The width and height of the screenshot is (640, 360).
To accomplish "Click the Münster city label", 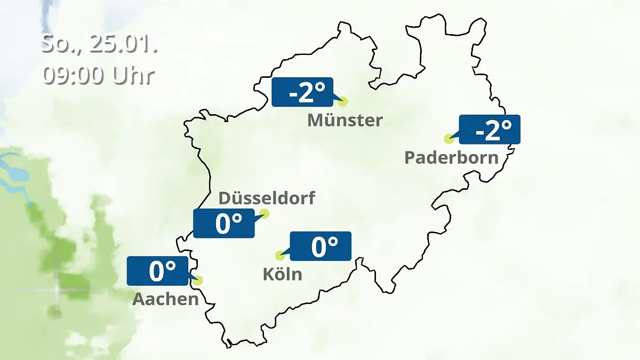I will click(x=345, y=120).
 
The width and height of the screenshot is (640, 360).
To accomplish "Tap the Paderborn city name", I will click(x=451, y=158).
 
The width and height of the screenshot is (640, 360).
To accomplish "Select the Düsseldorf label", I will click(x=267, y=198).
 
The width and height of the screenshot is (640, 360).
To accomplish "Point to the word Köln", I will click(x=282, y=274).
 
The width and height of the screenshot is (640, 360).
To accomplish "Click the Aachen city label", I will click(x=165, y=299).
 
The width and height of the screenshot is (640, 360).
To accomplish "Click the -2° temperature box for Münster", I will click(x=302, y=92).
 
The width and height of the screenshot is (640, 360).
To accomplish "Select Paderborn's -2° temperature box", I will click(x=489, y=130).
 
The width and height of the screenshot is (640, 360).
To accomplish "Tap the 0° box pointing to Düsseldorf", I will click(x=223, y=223).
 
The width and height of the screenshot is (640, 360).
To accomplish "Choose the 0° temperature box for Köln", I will click(x=320, y=246).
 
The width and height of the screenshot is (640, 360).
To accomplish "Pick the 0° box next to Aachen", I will click(x=158, y=270).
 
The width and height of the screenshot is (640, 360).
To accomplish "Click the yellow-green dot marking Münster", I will click(x=342, y=101).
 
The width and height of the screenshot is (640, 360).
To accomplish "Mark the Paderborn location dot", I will click(x=449, y=139).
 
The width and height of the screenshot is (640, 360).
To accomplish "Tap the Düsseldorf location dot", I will click(x=263, y=214).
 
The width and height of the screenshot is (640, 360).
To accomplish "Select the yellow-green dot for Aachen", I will click(x=198, y=280).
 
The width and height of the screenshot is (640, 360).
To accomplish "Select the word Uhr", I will click(x=133, y=76).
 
